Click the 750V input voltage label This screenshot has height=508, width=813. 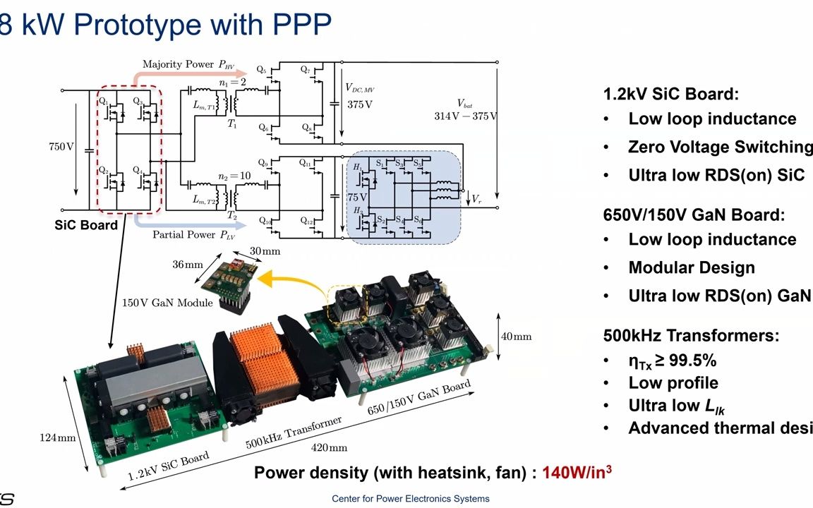pos(60,147)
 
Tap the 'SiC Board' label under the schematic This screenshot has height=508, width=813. pos(86,226)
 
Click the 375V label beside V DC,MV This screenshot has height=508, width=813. pos(359,104)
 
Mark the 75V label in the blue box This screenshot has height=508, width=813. pos(356,197)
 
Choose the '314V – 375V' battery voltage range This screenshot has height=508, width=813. pos(465,116)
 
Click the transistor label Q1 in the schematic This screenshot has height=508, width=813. pos(104,102)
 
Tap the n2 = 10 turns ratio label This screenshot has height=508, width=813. pos(233,176)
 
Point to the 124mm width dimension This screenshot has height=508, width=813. pos(56,438)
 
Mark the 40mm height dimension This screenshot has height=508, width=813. pos(516,337)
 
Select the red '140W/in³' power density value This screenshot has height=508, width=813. pos(577,473)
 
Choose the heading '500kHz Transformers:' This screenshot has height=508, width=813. pos(691,336)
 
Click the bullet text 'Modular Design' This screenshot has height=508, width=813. pos(691,268)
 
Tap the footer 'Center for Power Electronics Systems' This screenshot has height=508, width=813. pos(410,499)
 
